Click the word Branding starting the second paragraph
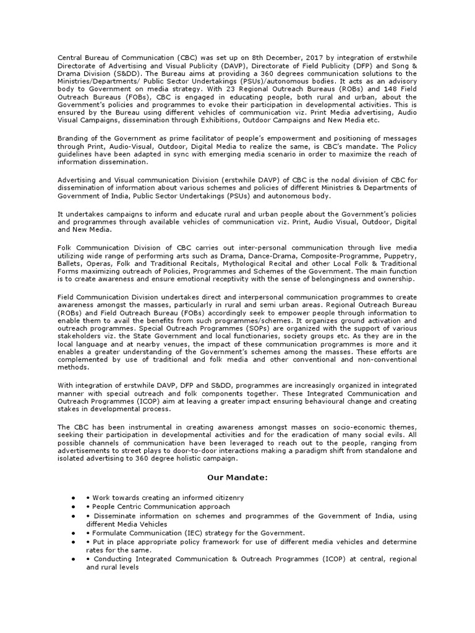73,138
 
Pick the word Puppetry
398,254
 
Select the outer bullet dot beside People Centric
74,506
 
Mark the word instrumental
143,427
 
